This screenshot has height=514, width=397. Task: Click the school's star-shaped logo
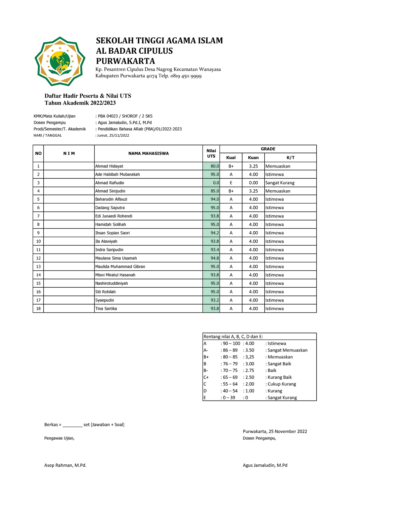pyautogui.click(x=60, y=61)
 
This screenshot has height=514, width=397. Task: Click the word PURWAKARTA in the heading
pyautogui.click(x=125, y=61)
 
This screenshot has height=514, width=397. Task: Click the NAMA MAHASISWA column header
pyautogui.click(x=149, y=154)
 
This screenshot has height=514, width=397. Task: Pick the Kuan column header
pyautogui.click(x=253, y=158)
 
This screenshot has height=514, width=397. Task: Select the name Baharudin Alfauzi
pyautogui.click(x=111, y=199)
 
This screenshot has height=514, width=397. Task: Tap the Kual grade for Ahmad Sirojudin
pyautogui.click(x=231, y=191)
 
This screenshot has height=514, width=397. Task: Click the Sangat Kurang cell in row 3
pyautogui.click(x=280, y=183)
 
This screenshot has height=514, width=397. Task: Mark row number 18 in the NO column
pyautogui.click(x=38, y=308)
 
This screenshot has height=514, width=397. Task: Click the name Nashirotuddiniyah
pyautogui.click(x=111, y=283)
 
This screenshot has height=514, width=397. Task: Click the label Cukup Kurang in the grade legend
pyautogui.click(x=282, y=384)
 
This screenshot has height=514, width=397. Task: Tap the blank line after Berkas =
pyautogui.click(x=72, y=425)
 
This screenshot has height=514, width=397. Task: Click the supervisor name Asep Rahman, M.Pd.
pyautogui.click(x=66, y=465)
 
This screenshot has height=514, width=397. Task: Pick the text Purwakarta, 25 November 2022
pyautogui.click(x=275, y=431)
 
